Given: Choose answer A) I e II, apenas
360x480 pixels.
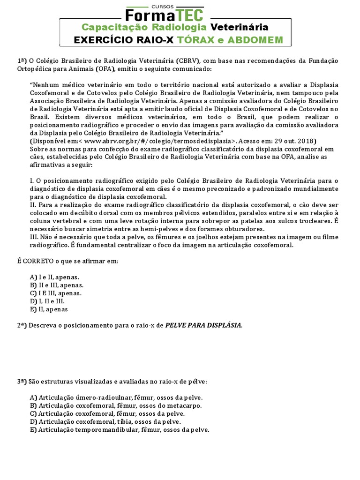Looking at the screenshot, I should point(54,277).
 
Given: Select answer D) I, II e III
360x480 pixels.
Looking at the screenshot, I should point(47,301).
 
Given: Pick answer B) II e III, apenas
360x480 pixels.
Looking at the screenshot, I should point(57,285).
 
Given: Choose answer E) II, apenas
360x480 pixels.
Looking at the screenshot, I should point(49,309).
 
